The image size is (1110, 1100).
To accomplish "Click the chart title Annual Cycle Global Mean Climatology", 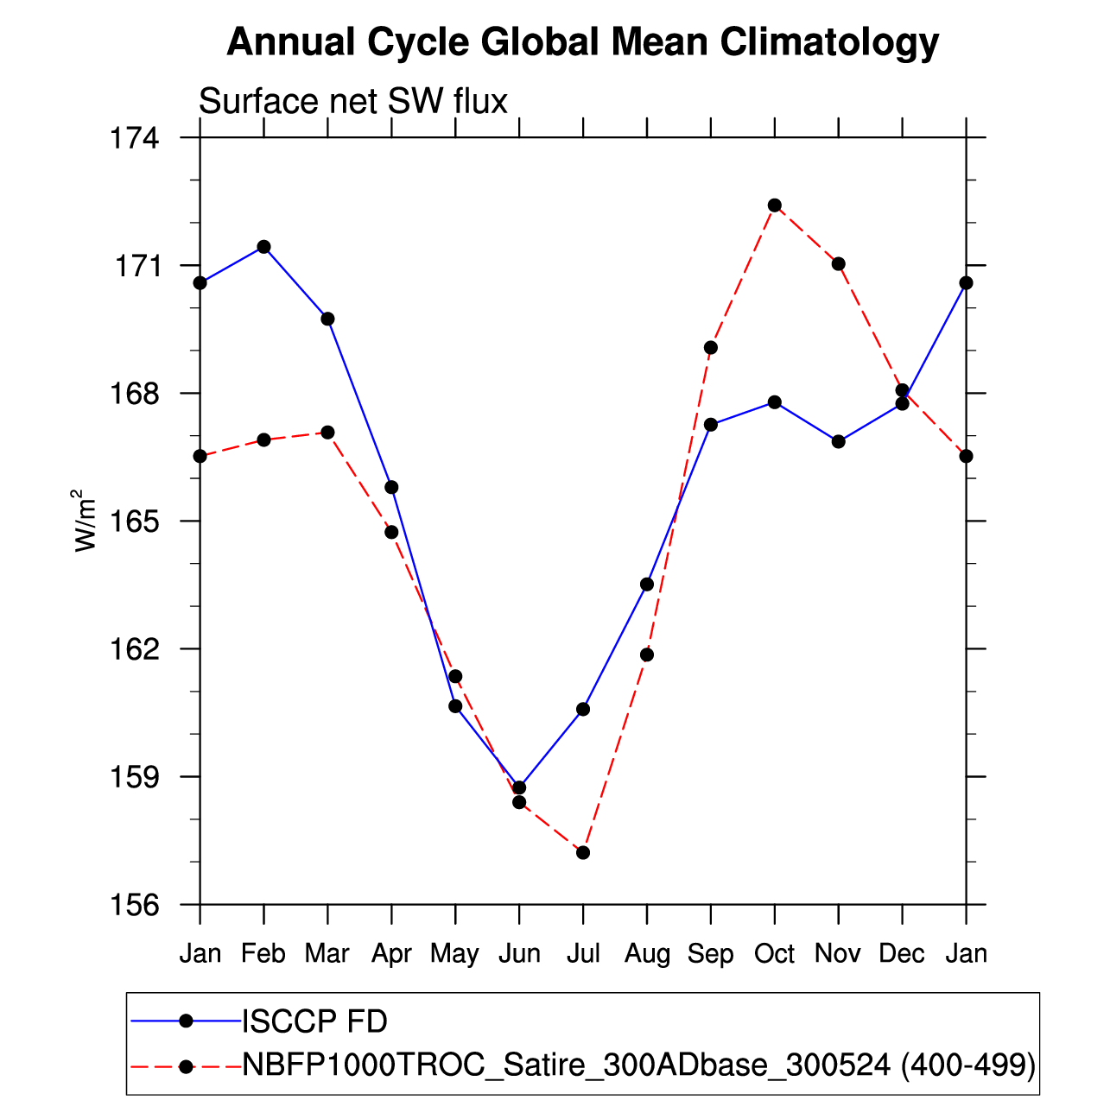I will click(x=582, y=41).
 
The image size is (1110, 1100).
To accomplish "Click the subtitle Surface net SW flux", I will click(x=353, y=102).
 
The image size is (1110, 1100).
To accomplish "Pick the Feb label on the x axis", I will click(x=263, y=953).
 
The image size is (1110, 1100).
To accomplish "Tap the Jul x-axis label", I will click(x=583, y=953).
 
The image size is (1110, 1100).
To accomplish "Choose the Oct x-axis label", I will click(x=774, y=953).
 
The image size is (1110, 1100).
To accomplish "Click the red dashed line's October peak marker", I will click(x=775, y=205).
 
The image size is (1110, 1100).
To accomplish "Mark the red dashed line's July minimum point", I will click(x=583, y=853).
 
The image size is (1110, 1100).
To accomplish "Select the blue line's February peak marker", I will click(x=263, y=247).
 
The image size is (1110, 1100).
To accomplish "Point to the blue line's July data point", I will click(x=583, y=709).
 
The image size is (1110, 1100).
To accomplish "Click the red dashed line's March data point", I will click(x=327, y=432).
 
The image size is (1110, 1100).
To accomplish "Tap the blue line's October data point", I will click(x=775, y=402).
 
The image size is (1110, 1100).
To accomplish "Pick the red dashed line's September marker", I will click(x=711, y=348).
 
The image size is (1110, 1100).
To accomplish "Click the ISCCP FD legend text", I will click(x=314, y=1021).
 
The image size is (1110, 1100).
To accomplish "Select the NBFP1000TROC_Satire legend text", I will click(x=638, y=1065).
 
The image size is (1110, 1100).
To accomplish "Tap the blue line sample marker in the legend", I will click(x=186, y=1021).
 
